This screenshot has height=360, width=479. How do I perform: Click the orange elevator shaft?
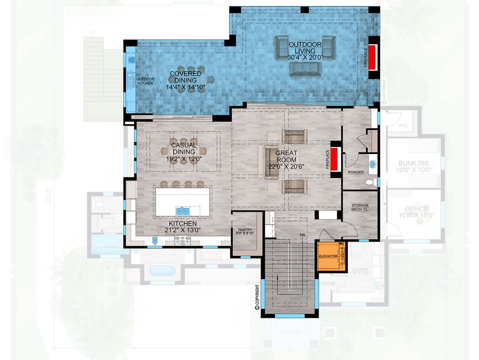[x=329, y=256]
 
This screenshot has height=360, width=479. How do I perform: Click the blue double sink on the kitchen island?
[x=182, y=211]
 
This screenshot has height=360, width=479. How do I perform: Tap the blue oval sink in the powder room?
[x=372, y=165]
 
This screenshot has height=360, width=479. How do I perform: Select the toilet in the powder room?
[x=369, y=182]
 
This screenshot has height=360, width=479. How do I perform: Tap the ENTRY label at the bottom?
[x=290, y=334]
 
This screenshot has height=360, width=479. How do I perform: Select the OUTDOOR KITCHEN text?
[x=145, y=81]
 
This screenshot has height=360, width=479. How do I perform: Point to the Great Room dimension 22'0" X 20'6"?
[x=287, y=166]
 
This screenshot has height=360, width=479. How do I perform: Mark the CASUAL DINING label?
[x=183, y=149]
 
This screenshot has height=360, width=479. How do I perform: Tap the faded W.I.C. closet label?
[x=403, y=125]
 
